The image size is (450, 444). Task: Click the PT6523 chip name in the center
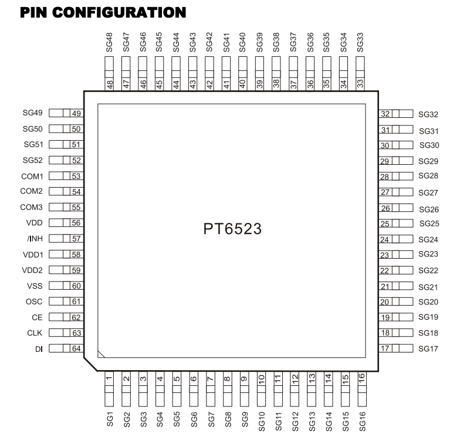[x=232, y=229]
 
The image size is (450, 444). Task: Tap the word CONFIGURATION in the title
[x=119, y=13]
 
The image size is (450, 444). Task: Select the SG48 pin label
[x=109, y=42]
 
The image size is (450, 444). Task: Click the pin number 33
[x=360, y=83]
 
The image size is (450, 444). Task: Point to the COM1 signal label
[x=32, y=176]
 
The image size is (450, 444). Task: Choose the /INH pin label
[x=35, y=238]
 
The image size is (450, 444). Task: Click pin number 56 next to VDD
[x=76, y=223]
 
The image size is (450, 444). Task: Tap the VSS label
[x=35, y=286]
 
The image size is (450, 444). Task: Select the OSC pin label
[x=34, y=301]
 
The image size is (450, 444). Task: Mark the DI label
[x=39, y=349]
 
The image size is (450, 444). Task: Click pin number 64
[x=76, y=348]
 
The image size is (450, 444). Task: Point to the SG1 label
[x=110, y=419]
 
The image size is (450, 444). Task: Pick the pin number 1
[x=109, y=378]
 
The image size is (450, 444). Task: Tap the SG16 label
[x=362, y=421]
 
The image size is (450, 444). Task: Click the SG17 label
[x=428, y=349]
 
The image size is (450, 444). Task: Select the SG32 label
[x=428, y=114]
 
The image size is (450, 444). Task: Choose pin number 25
[x=384, y=223]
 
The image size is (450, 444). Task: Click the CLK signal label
[x=35, y=333]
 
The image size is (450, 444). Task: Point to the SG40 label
[x=242, y=42]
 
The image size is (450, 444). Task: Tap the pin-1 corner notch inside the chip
[x=101, y=354]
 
